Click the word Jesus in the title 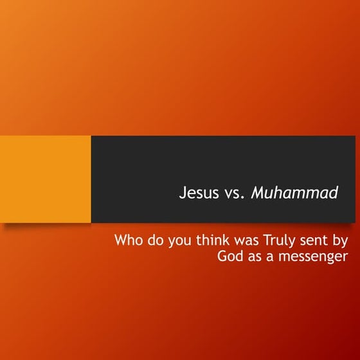pyautogui.click(x=199, y=193)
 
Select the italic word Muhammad pyautogui.click(x=294, y=193)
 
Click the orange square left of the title pyautogui.click(x=45, y=179)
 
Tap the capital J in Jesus pyautogui.click(x=183, y=193)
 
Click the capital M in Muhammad pyautogui.click(x=257, y=193)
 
